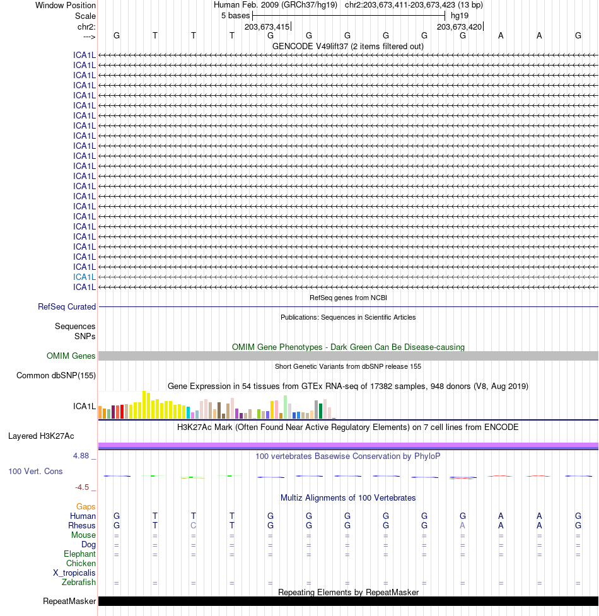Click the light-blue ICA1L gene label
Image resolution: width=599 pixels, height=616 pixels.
click(84, 277)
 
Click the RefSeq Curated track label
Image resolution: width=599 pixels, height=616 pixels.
click(67, 307)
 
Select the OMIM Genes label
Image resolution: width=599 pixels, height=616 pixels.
click(71, 356)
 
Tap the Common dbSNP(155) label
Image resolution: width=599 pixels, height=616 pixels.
click(56, 376)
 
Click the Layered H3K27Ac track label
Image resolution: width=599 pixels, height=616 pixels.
click(41, 436)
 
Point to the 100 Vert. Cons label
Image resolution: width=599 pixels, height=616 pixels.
click(35, 471)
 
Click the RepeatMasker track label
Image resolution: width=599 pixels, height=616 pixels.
click(69, 601)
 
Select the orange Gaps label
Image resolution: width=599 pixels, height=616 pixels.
click(86, 506)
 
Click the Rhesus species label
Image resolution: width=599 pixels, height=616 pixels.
click(82, 525)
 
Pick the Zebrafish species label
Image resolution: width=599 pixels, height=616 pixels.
click(79, 582)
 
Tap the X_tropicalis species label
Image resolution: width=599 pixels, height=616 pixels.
click(74, 572)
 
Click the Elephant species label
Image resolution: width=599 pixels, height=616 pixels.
click(79, 554)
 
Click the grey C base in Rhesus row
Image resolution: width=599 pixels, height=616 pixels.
click(194, 525)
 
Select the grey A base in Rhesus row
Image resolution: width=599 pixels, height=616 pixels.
click(463, 525)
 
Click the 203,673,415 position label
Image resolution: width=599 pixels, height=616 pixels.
click(267, 26)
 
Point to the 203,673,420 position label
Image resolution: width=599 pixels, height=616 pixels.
click(460, 26)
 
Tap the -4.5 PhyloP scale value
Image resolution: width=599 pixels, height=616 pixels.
click(83, 487)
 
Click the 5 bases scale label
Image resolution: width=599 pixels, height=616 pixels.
click(235, 16)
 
